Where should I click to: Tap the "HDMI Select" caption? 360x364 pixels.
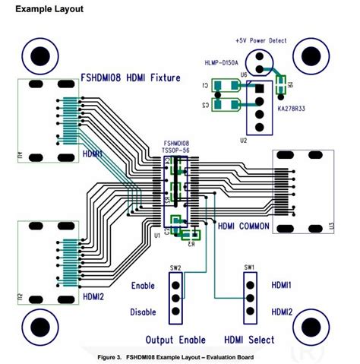249,339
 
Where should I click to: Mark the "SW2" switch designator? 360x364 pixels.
175,267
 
